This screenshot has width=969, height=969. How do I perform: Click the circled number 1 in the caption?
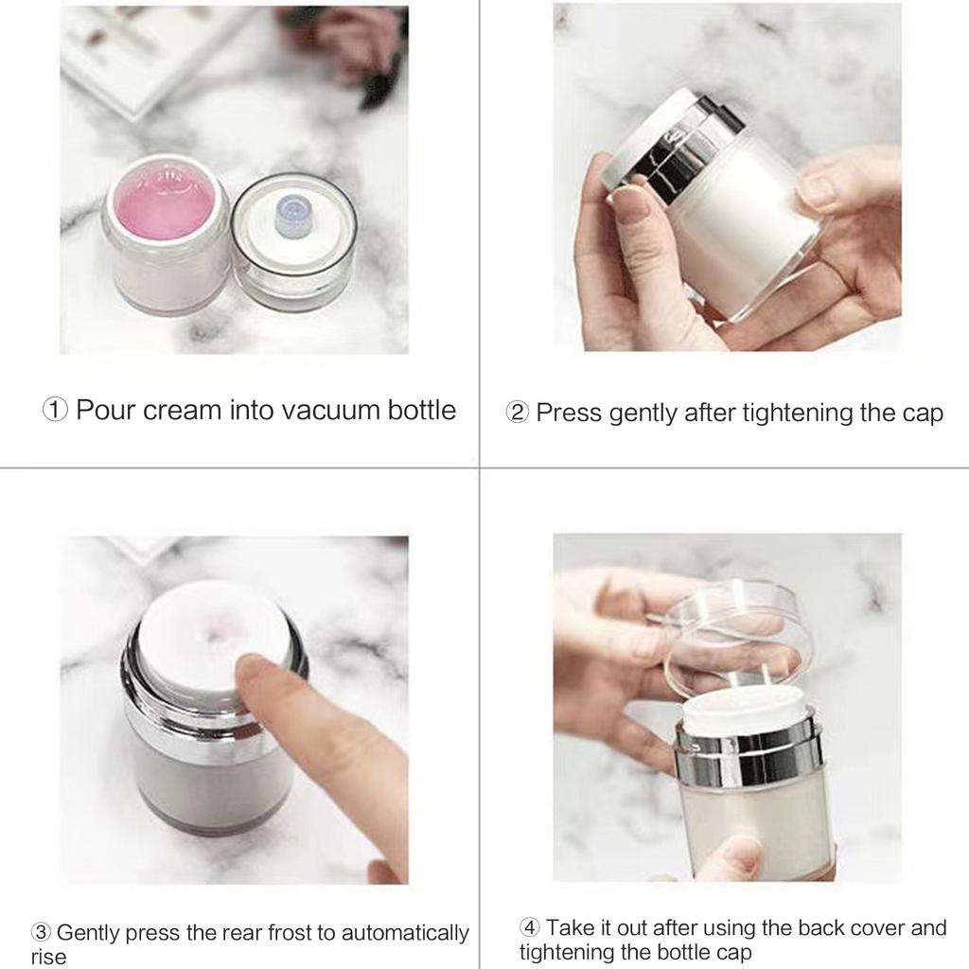pyautogui.click(x=55, y=411)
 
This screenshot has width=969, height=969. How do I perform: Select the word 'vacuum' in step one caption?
pyautogui.click(x=317, y=411)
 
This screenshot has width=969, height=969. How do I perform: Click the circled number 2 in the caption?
pyautogui.click(x=518, y=414)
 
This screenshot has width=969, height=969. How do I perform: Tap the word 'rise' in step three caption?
pyautogui.click(x=48, y=957)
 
